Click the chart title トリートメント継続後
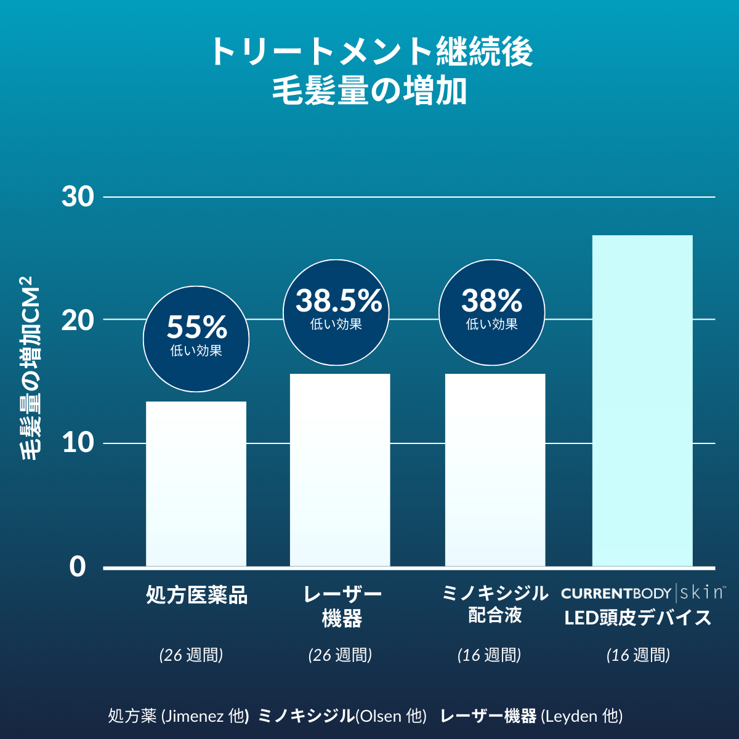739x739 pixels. (370, 52)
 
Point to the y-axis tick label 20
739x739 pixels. (78, 320)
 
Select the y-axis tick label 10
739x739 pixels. (78, 443)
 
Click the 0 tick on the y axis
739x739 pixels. (78, 567)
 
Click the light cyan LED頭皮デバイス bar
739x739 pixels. (642, 400)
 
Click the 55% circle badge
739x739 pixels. (196, 338)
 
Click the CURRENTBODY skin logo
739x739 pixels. (643, 593)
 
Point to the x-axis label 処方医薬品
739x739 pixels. (196, 596)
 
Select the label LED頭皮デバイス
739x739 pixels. (638, 618)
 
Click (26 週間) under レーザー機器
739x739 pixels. (340, 655)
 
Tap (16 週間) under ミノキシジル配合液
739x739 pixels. (489, 655)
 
